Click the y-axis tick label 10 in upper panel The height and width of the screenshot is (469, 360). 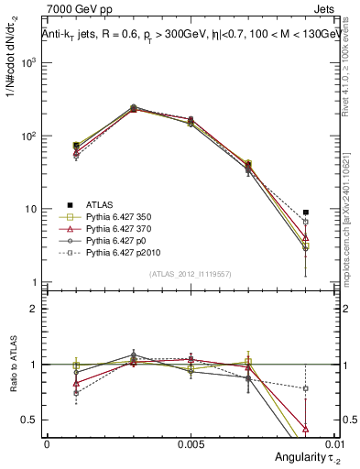point(31,210)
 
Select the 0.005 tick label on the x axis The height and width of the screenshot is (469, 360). point(190,442)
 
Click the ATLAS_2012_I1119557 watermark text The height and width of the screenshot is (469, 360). point(190,274)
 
